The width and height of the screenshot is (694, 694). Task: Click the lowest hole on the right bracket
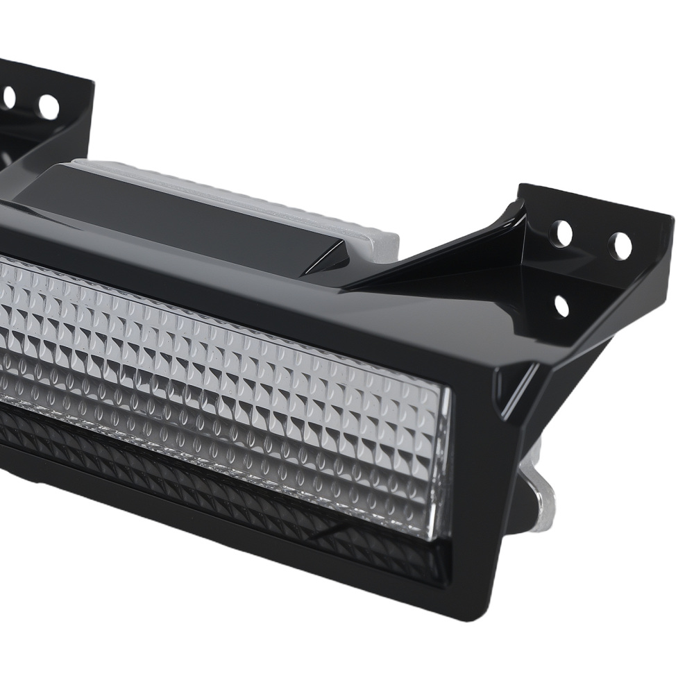point(561,305)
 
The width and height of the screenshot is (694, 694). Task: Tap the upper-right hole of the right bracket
point(620,246)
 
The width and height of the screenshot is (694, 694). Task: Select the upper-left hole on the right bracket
point(561,233)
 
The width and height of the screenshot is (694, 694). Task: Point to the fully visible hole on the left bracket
point(49,106)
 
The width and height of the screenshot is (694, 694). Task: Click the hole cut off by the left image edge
point(8,96)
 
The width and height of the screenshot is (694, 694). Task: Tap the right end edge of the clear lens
point(444,465)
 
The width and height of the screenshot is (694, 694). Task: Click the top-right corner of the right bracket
point(670,218)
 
